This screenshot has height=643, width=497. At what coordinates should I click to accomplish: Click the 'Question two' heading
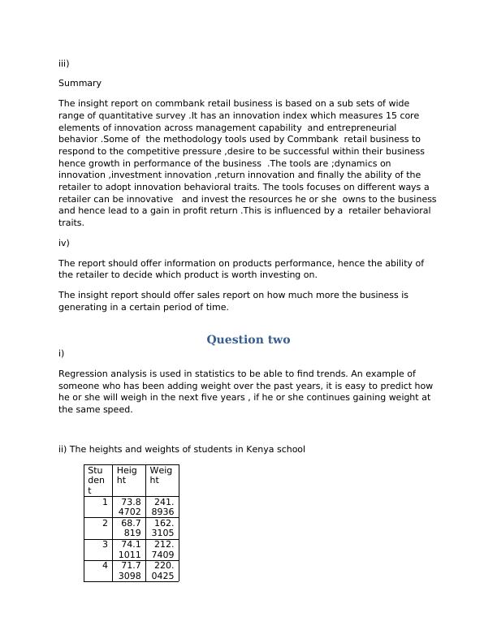tap(248, 339)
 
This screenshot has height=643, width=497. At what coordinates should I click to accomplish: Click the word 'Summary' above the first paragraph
tap(80, 83)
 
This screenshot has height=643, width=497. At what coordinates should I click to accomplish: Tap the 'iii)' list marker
tap(64, 63)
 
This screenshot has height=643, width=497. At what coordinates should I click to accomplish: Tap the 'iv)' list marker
tap(64, 243)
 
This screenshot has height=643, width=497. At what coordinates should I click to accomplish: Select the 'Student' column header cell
tap(97, 480)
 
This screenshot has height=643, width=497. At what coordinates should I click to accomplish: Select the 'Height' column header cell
tap(128, 480)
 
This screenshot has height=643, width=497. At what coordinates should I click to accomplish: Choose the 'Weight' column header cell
tap(162, 480)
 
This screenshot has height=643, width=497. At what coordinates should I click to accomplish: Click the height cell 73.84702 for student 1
tap(129, 507)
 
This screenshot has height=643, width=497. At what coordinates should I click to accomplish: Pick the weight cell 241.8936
tap(162, 507)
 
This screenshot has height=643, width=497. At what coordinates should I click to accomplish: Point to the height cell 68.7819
tap(129, 528)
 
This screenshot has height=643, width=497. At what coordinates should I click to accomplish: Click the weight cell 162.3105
tap(162, 528)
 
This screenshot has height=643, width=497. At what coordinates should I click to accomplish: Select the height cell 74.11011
tap(129, 549)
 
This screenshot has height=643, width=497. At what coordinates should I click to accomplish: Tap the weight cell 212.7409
tap(162, 549)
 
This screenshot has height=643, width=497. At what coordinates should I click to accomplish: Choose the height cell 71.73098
tap(129, 570)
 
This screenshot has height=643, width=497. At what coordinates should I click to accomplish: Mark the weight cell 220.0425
tap(162, 570)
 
